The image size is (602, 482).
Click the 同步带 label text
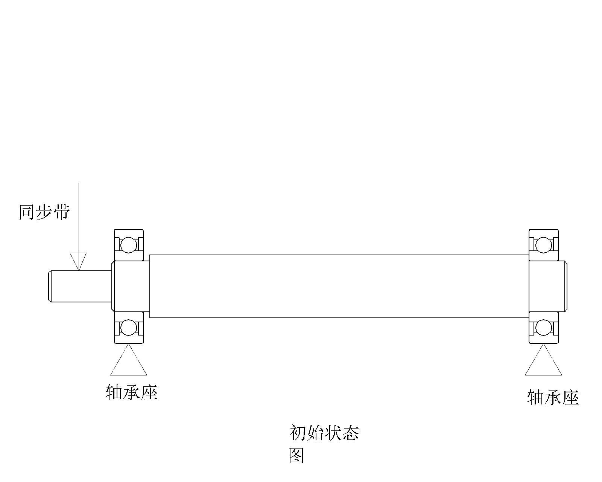[44, 212]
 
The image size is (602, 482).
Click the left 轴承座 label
[131, 392]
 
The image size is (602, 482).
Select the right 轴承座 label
[553, 398]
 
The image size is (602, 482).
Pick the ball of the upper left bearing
[129, 245]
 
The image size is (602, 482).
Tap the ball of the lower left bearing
[129, 328]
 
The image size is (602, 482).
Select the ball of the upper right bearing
[544, 245]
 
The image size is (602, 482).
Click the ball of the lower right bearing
[544, 328]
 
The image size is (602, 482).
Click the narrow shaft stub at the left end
[80, 286]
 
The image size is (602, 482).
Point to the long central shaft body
[339, 286]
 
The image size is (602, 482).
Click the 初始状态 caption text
[324, 433]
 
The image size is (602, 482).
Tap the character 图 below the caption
[296, 455]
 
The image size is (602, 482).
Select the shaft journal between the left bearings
[131, 286]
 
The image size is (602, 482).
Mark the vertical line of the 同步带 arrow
[78, 218]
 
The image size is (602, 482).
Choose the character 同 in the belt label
[27, 212]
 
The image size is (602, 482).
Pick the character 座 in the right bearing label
[570, 398]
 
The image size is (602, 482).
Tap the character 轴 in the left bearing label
[114, 392]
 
